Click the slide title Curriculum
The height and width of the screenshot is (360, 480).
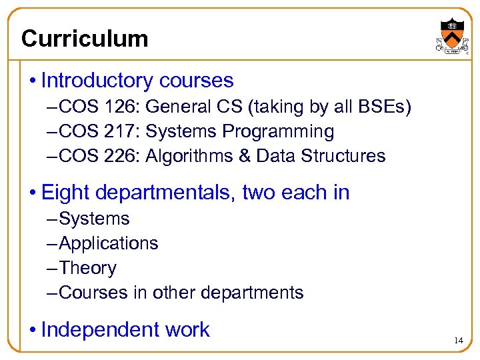[85, 39]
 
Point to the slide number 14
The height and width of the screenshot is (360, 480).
[458, 341]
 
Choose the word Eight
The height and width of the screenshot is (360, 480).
[65, 193]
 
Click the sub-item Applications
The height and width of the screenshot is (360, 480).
[109, 243]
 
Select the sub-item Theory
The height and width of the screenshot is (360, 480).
[87, 268]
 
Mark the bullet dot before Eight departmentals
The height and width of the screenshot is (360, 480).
[31, 193]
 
